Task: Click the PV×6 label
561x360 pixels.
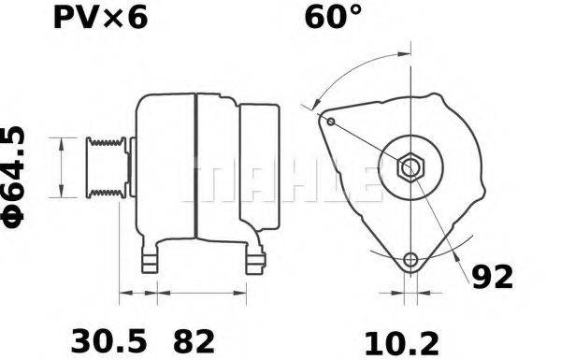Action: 97,20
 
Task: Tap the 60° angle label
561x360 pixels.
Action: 334,20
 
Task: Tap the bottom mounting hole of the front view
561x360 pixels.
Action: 410,259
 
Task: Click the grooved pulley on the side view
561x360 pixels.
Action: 105,168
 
